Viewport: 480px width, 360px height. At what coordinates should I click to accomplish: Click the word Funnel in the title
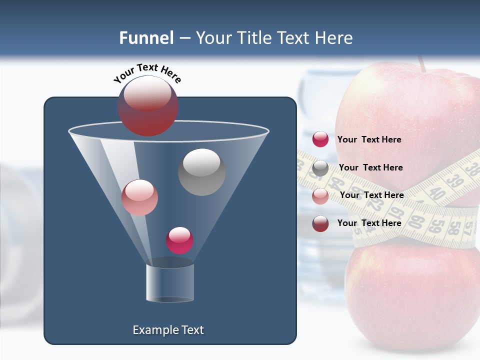click(146, 38)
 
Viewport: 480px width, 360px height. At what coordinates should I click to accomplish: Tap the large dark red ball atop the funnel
click(148, 106)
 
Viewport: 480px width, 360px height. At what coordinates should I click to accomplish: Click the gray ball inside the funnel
click(202, 172)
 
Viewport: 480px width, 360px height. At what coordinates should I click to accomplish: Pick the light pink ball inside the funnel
click(139, 197)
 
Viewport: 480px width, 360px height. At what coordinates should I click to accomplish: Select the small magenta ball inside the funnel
click(179, 240)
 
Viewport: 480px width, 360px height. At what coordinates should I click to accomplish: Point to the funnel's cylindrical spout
click(170, 282)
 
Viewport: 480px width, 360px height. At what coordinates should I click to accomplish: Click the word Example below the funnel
click(150, 330)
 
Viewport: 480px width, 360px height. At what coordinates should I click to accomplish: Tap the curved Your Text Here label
click(147, 73)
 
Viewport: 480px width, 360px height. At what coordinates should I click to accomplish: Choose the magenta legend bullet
click(320, 139)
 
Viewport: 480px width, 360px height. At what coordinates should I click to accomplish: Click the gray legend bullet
click(320, 168)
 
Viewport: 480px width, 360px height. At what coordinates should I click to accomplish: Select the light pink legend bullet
click(320, 196)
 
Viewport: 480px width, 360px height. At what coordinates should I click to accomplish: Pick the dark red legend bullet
click(320, 223)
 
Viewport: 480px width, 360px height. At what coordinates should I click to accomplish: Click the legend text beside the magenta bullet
click(369, 139)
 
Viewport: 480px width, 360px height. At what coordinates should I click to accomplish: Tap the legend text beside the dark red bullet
click(369, 223)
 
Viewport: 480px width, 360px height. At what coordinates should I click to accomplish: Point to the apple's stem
click(422, 63)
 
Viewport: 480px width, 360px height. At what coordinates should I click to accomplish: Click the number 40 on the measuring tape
click(437, 193)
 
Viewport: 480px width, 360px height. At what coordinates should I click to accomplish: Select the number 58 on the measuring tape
click(453, 228)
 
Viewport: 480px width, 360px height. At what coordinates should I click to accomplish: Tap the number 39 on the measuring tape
click(453, 185)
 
